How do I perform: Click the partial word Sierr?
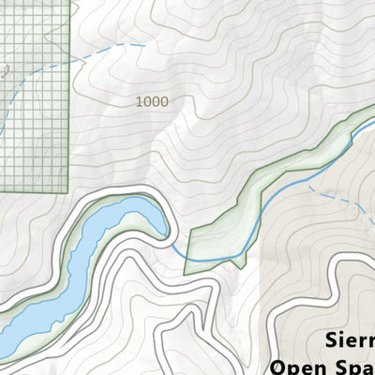pyautogui.click(x=348, y=339)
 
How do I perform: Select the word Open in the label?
pyautogui.click(x=298, y=365)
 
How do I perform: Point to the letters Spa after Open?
pyautogui.click(x=352, y=365)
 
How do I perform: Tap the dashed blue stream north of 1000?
pyautogui.click(x=103, y=52)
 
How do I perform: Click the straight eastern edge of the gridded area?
pyautogui.click(x=69, y=94)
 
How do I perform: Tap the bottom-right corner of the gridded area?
pyautogui.click(x=68, y=190)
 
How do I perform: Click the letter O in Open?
pyautogui.click(x=278, y=365)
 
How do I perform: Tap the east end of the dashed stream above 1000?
pyautogui.click(x=143, y=43)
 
